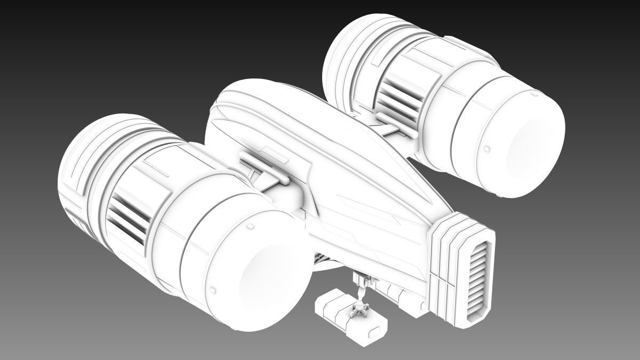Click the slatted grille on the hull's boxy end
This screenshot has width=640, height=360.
[478, 277]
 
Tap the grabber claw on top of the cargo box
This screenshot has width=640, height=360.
[360, 309]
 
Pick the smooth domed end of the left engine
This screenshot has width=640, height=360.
[267, 277]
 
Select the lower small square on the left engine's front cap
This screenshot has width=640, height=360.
[213, 290]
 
